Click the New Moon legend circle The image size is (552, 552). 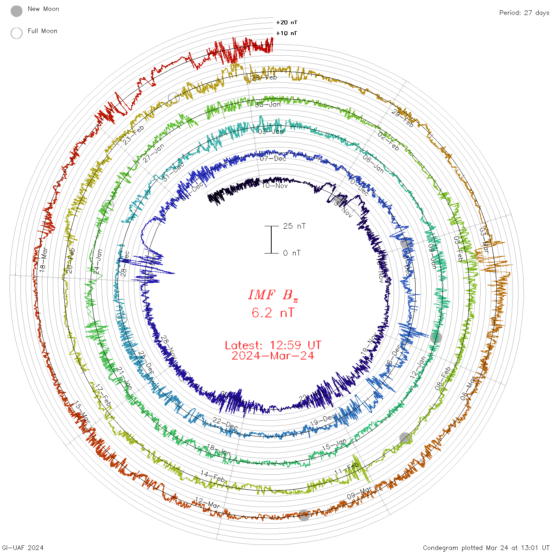17,11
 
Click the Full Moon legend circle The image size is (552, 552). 17,33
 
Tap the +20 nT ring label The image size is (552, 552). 287,22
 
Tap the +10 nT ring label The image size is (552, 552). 287,33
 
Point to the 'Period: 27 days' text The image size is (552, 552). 524,13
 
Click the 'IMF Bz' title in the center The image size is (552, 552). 273,295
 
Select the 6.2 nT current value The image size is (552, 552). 273,313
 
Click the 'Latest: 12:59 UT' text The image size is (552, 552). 273,345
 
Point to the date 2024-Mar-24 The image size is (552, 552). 273,356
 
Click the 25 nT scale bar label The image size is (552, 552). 294,226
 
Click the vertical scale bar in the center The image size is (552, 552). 271,240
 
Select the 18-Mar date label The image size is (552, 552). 43,259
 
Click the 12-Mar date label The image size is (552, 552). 207,503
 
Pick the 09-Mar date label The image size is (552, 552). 359,492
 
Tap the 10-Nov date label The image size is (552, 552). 275,185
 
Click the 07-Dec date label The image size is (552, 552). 273,159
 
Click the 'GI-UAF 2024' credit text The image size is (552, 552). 23,547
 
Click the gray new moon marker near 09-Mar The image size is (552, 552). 304,515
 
